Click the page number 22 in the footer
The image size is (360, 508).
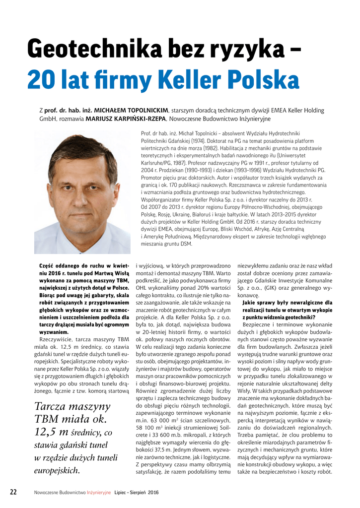click(x=14, y=492)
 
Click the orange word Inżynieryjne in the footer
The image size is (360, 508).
click(x=99, y=493)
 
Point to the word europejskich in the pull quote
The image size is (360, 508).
click(x=56, y=470)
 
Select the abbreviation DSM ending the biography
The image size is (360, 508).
click(x=186, y=244)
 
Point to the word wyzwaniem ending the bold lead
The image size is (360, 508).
click(x=55, y=332)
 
